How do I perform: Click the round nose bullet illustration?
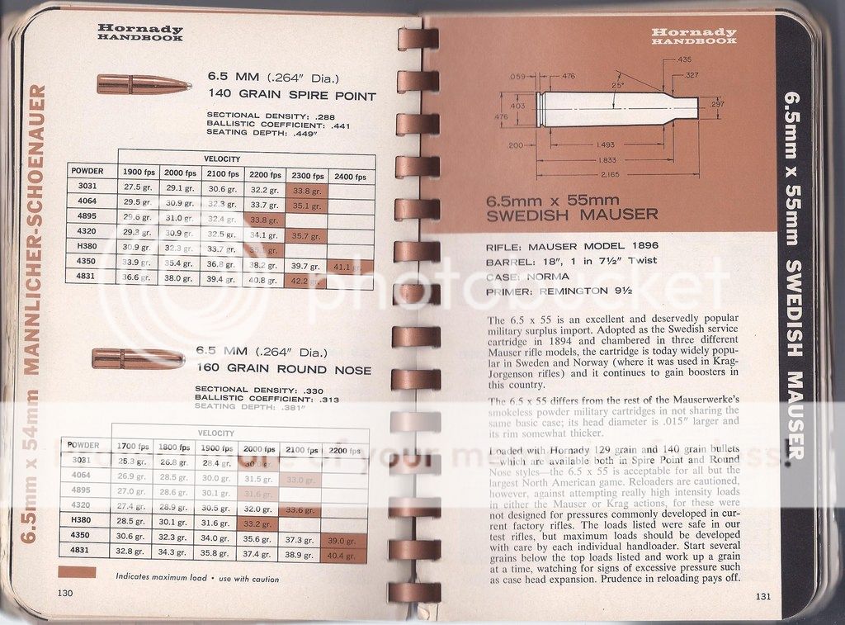(138, 358)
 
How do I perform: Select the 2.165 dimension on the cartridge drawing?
(611, 175)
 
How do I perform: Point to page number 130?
(65, 593)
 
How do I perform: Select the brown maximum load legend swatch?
(78, 572)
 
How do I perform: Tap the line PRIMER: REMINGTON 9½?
(556, 291)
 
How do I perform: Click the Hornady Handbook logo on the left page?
(140, 32)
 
